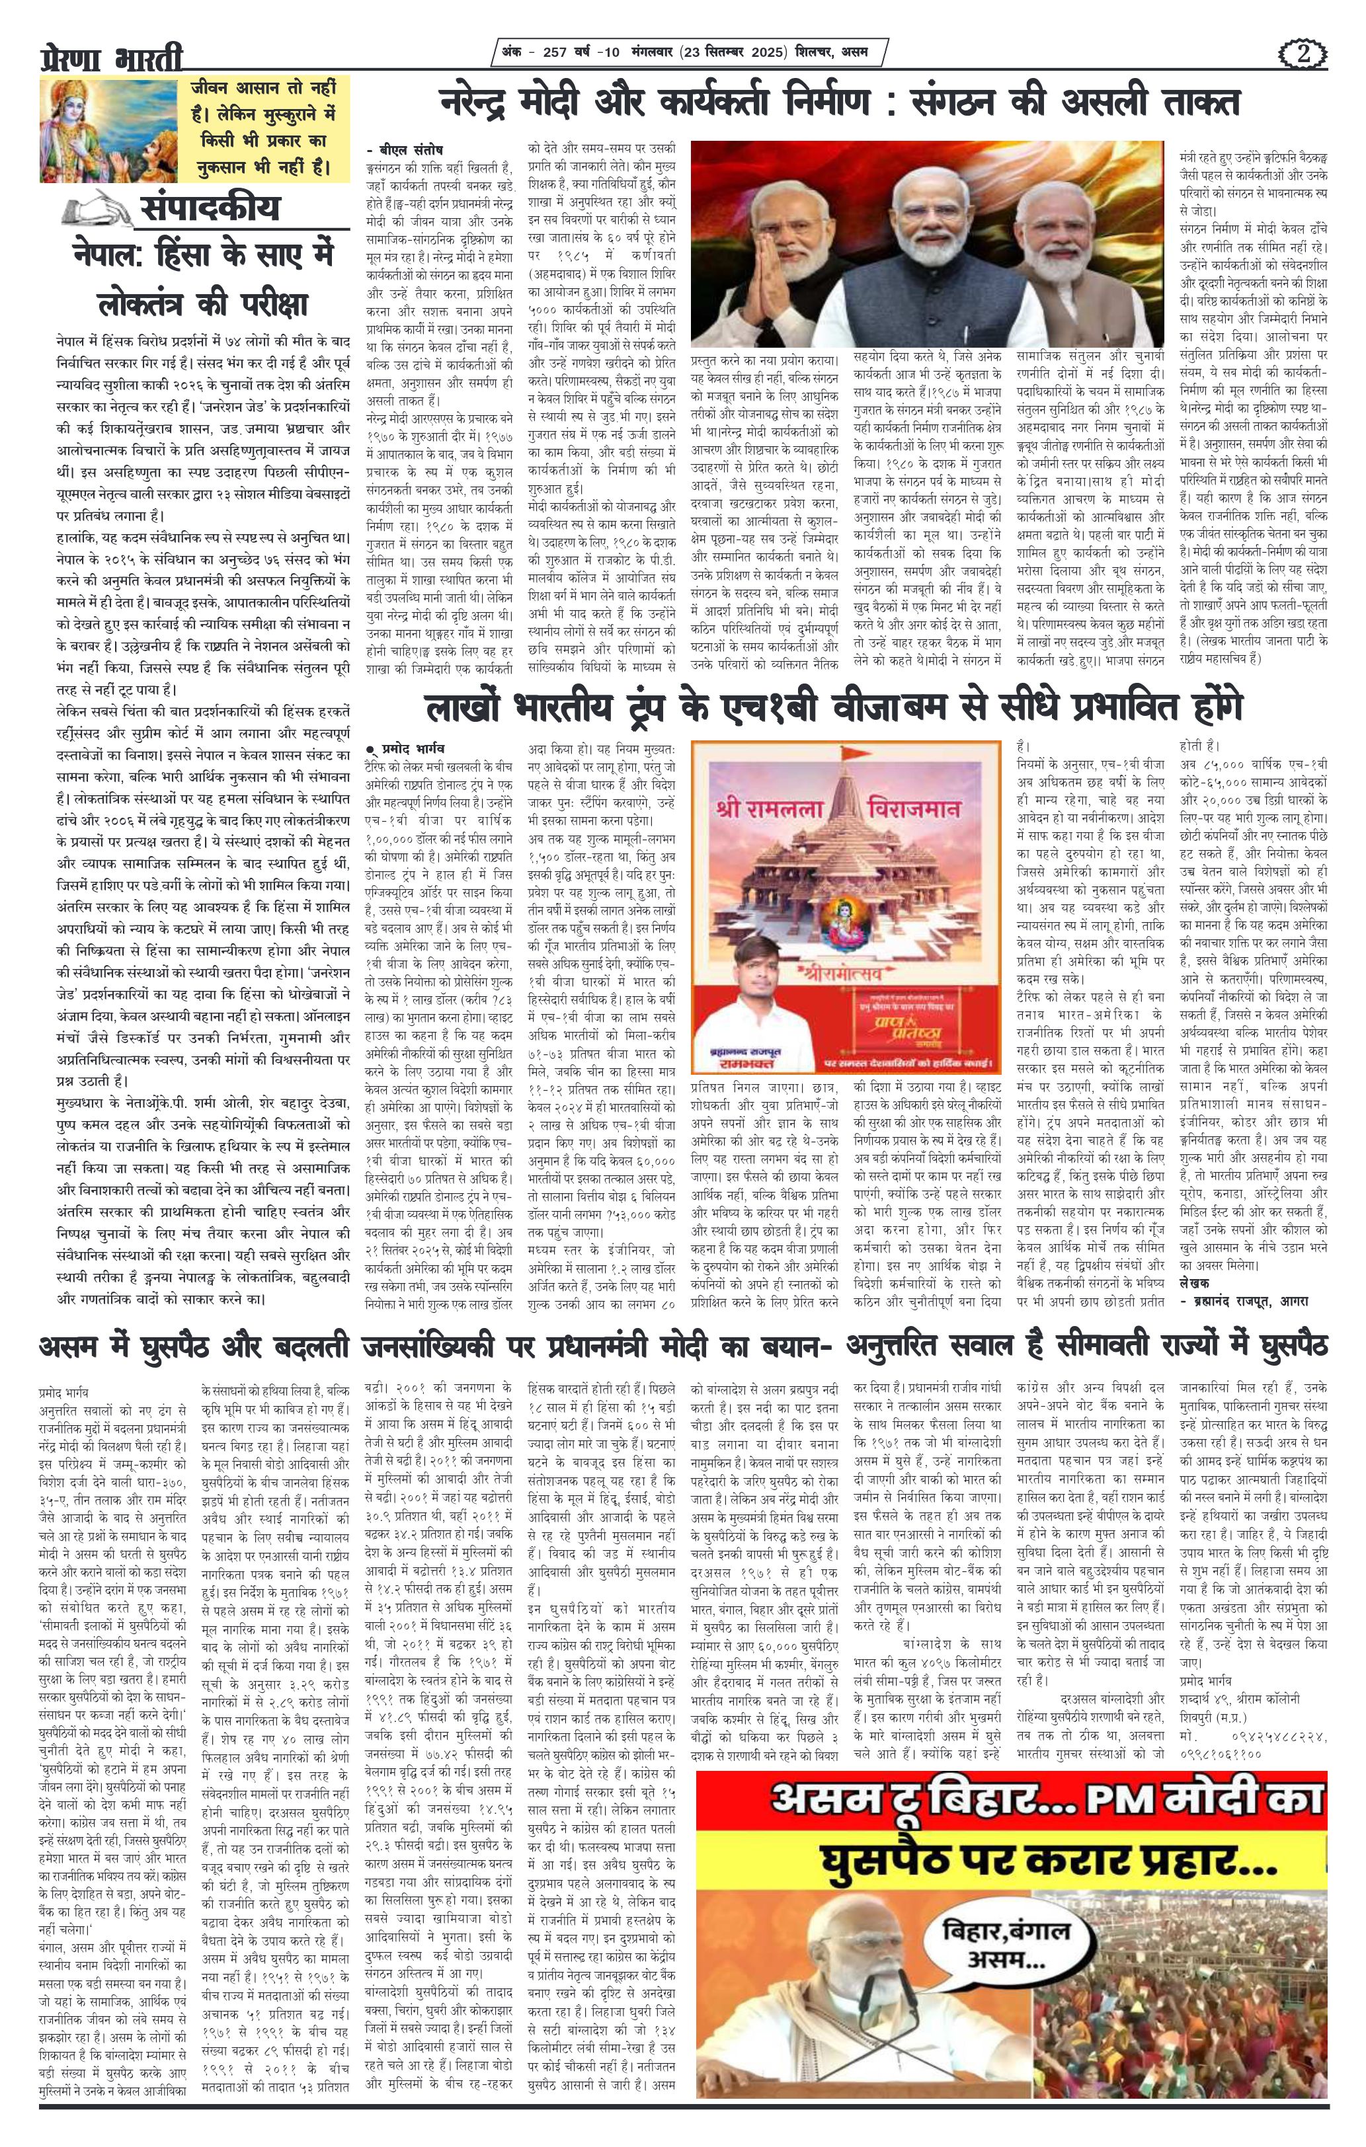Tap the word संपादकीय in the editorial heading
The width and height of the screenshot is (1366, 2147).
(209, 207)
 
